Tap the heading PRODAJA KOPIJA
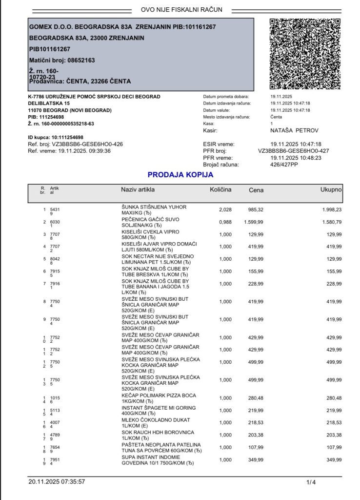pos(180,174)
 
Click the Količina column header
pos(220,189)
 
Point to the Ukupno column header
pos(331,189)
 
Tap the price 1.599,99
pos(254,222)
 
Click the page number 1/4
pos(311,482)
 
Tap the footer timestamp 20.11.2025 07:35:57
pos(57,482)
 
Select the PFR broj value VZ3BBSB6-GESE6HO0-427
pos(293,151)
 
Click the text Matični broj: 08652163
pos(62,60)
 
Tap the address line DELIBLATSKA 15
pos(49,104)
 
